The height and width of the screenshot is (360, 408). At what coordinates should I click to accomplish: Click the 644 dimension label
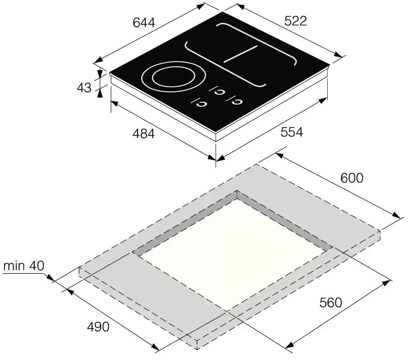[144, 23]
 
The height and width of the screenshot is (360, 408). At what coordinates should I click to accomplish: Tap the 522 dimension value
[296, 21]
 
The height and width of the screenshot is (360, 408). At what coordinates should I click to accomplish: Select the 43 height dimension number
[84, 87]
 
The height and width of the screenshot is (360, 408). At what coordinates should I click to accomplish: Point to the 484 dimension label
[144, 134]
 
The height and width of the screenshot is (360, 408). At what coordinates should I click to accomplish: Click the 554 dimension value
[292, 132]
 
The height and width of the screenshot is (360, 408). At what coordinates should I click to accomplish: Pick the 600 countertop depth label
[351, 178]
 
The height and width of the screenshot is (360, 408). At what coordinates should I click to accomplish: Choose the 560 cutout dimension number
[331, 303]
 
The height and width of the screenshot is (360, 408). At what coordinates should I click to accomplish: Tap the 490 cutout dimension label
[98, 327]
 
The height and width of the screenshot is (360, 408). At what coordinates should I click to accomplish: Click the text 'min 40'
[24, 266]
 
